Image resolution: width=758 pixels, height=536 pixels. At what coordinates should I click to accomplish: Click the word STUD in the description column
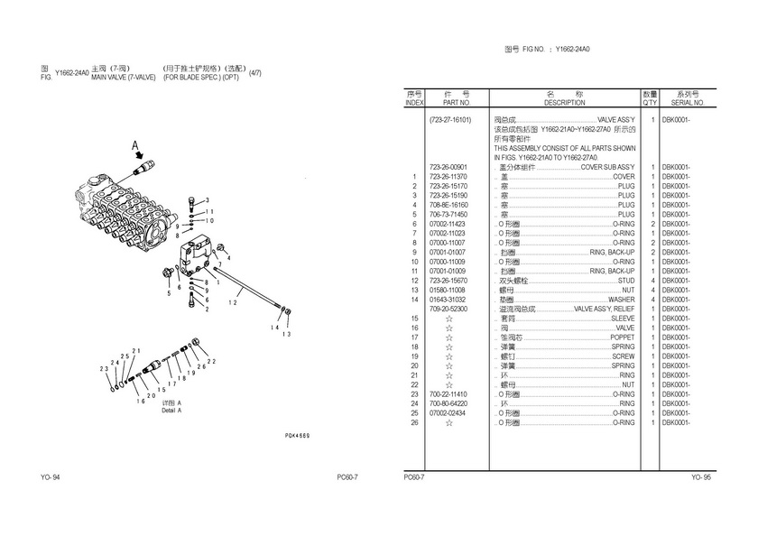[x=625, y=281]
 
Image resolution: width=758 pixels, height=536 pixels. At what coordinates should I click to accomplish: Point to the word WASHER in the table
[x=621, y=299]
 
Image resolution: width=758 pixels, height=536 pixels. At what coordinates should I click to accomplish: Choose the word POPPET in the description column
[x=623, y=337]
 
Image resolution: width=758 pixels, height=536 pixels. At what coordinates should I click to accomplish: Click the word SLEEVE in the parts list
[x=623, y=319]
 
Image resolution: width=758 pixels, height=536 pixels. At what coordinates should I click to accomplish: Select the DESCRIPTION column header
[x=565, y=103]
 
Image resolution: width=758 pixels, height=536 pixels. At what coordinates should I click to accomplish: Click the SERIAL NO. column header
[x=684, y=103]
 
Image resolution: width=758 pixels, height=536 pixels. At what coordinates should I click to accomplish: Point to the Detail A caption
[x=171, y=411]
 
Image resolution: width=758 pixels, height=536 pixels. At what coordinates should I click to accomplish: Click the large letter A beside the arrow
[x=134, y=144]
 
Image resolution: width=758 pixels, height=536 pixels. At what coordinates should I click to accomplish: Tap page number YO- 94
[x=51, y=476]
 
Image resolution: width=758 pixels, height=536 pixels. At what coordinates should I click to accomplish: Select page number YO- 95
[x=701, y=476]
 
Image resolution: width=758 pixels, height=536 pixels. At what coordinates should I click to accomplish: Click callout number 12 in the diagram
[x=232, y=303]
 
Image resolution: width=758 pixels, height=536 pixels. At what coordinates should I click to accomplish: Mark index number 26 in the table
[x=414, y=422]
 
